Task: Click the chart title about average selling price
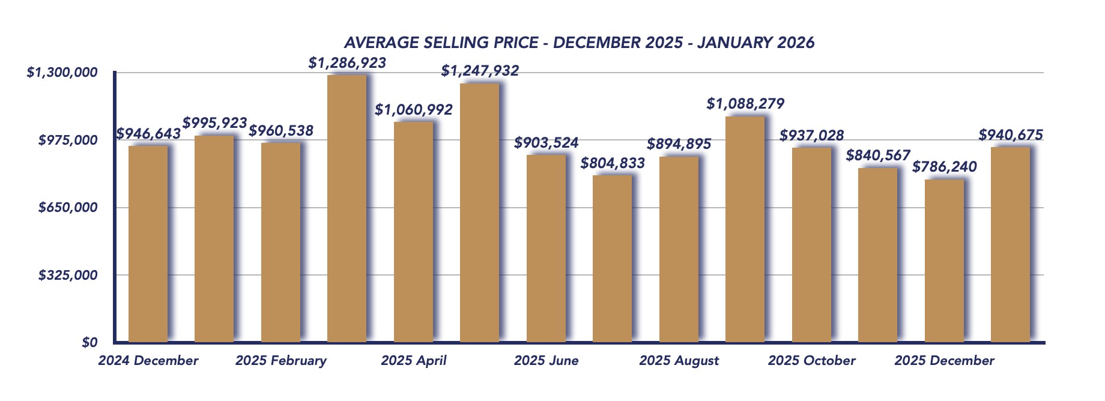[x=579, y=43]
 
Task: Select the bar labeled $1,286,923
[x=347, y=208]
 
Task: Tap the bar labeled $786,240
[x=944, y=261]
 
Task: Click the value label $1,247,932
[x=480, y=71]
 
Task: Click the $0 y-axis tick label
[x=89, y=342]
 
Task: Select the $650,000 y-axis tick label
[x=68, y=208]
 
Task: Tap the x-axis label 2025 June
[x=546, y=361]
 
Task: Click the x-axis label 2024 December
[x=148, y=361]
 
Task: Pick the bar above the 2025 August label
[x=679, y=249]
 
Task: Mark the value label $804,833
[x=613, y=163]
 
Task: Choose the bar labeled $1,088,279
[x=745, y=229]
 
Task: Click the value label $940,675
[x=1011, y=135]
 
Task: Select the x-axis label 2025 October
[x=811, y=361]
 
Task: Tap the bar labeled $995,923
[x=214, y=238]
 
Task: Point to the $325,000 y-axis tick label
[x=68, y=276]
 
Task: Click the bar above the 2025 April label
[x=413, y=232]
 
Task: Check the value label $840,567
[x=878, y=156]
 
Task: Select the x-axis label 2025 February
[x=280, y=361]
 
